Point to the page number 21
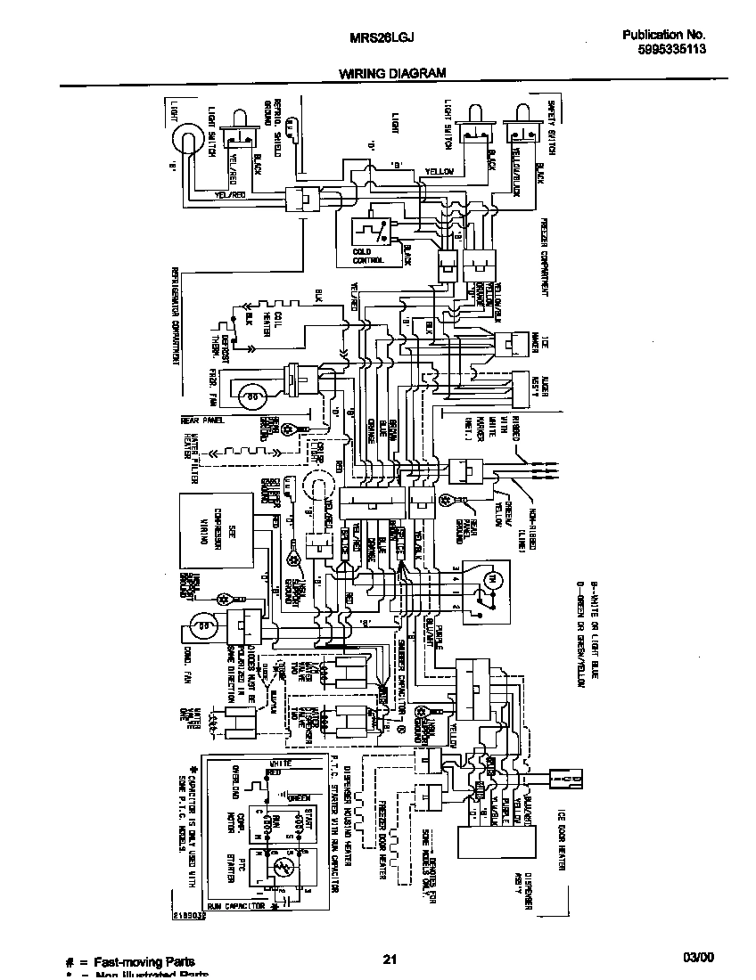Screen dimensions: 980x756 tap(389, 959)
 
